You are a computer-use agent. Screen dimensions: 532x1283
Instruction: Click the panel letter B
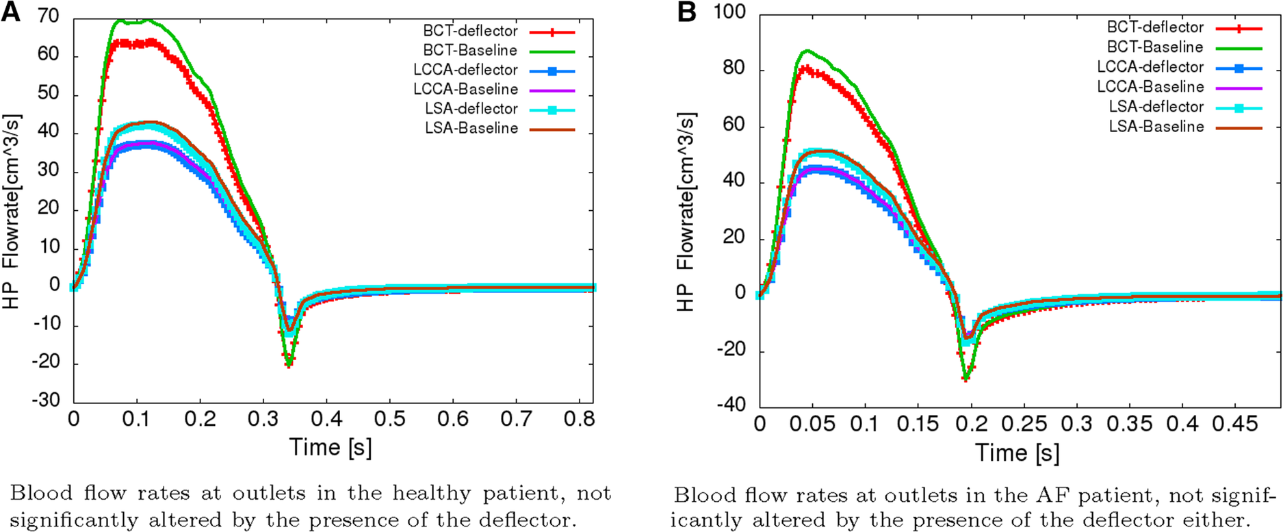(x=688, y=12)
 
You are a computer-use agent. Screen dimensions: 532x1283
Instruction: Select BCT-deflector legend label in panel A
(x=470, y=31)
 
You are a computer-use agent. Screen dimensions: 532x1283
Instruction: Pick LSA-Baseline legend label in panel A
(x=471, y=128)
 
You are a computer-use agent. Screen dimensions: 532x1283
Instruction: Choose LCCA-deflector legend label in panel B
(x=1150, y=67)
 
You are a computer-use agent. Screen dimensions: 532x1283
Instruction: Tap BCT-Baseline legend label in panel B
(x=1155, y=47)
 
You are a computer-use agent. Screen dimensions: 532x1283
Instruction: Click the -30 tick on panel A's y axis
(x=46, y=400)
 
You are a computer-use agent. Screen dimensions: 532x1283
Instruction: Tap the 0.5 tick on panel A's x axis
(x=389, y=418)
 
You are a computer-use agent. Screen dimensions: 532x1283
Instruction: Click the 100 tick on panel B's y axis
(x=729, y=12)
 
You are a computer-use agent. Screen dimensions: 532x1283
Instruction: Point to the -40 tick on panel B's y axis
(x=731, y=405)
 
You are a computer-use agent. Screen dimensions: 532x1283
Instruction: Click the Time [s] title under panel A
(x=331, y=447)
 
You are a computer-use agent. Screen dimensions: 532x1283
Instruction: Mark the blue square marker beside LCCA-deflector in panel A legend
(x=552, y=71)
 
